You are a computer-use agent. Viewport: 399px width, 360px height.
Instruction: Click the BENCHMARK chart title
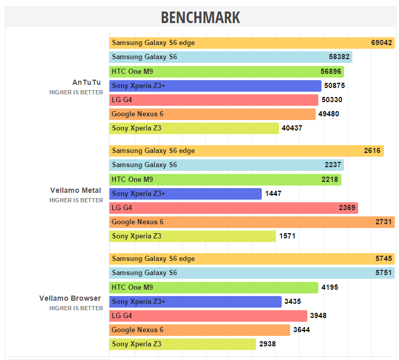pos(200,17)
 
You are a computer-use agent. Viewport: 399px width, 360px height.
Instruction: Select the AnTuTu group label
pos(86,82)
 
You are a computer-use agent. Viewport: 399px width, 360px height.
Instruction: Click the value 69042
pos(382,43)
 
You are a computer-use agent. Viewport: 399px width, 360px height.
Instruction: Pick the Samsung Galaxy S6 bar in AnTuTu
pos(230,57)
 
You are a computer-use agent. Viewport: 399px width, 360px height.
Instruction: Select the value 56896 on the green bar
pos(331,71)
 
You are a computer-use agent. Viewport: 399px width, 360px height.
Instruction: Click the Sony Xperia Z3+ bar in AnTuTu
pos(215,85)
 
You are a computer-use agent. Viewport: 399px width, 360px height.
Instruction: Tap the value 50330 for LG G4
pos(332,100)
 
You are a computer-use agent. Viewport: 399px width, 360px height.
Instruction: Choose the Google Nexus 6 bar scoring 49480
pos(212,114)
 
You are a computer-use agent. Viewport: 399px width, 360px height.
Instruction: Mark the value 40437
pos(292,128)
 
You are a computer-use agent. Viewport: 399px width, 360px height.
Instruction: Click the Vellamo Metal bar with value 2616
pos(246,151)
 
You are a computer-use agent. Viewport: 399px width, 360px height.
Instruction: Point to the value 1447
pos(273,194)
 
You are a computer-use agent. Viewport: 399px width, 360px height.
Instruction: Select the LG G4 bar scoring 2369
pos(234,208)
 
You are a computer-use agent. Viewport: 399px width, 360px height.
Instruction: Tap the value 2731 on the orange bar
pos(383,222)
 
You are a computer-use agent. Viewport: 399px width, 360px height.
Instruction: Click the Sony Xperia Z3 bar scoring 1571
pos(192,236)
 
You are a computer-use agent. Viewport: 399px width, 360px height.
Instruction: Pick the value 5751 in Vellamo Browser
pos(383,273)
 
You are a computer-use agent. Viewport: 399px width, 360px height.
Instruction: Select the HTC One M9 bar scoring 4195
pos(214,287)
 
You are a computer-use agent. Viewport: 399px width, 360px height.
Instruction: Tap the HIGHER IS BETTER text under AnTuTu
pos(76,92)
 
